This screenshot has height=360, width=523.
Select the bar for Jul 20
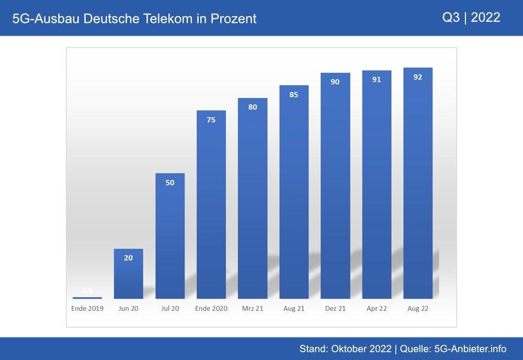click(x=170, y=235)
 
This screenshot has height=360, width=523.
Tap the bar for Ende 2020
click(x=211, y=204)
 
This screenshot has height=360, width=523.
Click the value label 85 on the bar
click(x=294, y=95)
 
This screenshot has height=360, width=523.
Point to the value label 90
click(x=335, y=82)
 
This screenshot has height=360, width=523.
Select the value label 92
click(x=417, y=77)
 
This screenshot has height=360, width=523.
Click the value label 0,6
click(x=87, y=290)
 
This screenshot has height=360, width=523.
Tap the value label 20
click(x=129, y=258)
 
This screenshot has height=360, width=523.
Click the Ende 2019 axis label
click(x=87, y=309)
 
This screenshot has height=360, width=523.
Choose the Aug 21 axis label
click(x=294, y=309)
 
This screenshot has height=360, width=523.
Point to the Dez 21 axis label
click(x=335, y=309)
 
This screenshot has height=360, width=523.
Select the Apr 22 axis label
click(x=377, y=309)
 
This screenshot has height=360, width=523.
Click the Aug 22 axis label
click(x=417, y=309)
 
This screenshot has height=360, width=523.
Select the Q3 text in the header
click(x=451, y=17)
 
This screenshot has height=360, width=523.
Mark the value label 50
click(x=170, y=183)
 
